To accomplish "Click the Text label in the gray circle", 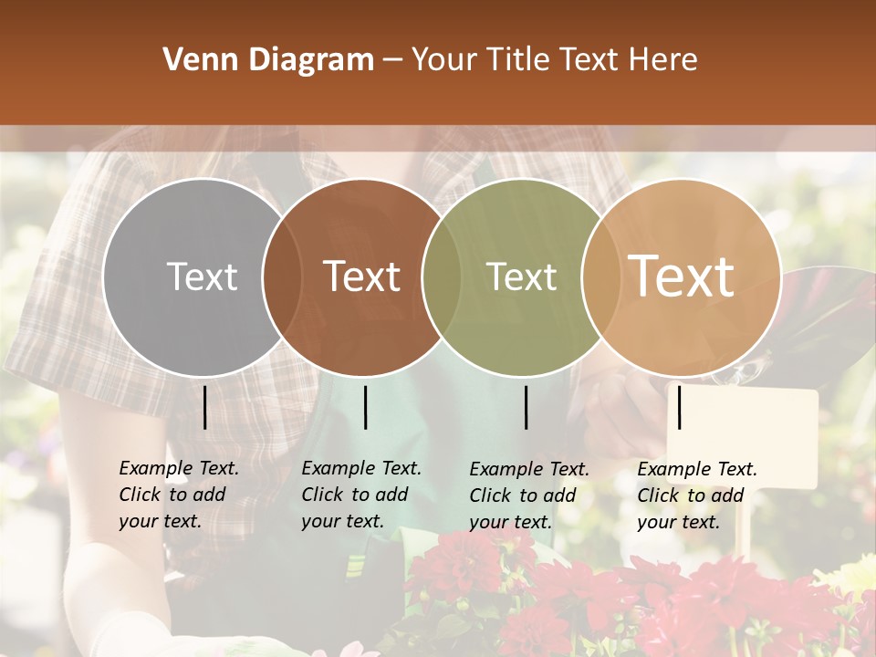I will click(202, 276).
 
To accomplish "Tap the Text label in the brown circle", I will click(361, 276).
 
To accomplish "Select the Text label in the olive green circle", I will click(521, 276).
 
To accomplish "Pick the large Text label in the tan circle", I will click(682, 276).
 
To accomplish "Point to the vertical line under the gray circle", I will click(204, 407).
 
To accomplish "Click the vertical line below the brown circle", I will click(365, 407).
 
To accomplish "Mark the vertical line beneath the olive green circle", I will click(526, 407).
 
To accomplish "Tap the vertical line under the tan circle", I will click(679, 407).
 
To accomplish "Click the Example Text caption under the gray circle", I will click(179, 495).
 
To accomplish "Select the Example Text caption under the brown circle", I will click(361, 495).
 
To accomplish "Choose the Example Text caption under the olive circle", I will click(529, 495).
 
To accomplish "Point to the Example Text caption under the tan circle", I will click(697, 495).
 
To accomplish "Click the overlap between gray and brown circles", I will click(282, 276).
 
